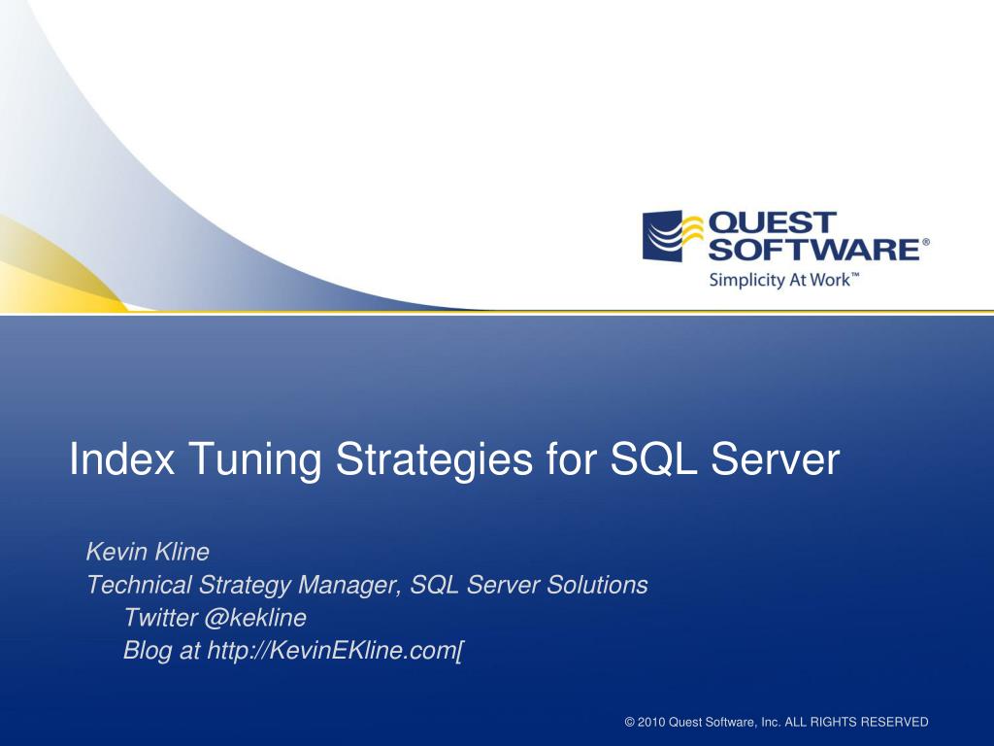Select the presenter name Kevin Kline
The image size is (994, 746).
tap(148, 553)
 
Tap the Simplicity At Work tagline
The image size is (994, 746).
tap(783, 281)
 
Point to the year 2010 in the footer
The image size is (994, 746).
tap(652, 722)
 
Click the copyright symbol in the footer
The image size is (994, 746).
tap(630, 722)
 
